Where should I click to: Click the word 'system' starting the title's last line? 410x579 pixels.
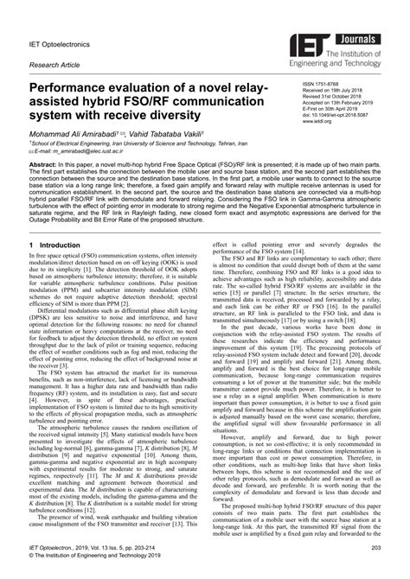click(56, 120)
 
